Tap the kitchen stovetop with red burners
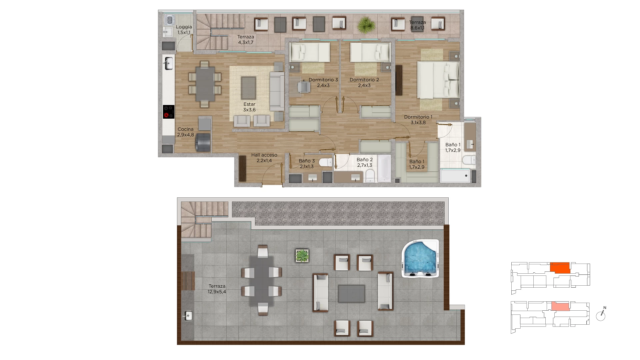[x=169, y=112]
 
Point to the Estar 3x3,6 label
[x=249, y=107]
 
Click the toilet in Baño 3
[x=326, y=162]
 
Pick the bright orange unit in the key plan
[x=560, y=268]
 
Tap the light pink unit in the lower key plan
[x=560, y=306]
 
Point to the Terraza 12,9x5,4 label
[x=217, y=289]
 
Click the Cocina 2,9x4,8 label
[x=185, y=132]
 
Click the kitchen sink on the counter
[x=169, y=63]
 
